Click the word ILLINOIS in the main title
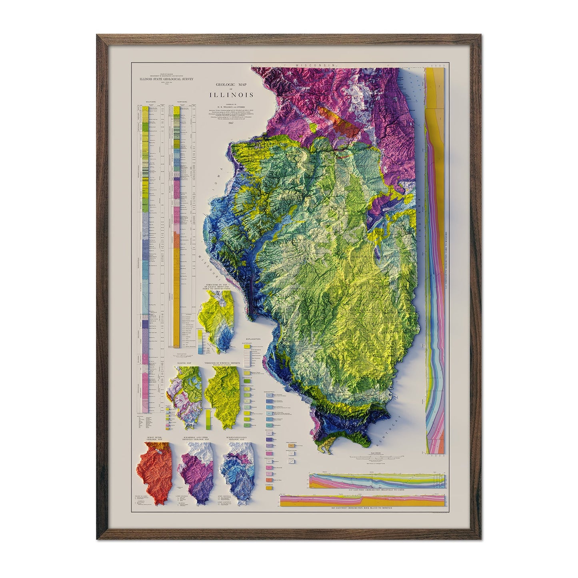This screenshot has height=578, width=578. click(230, 95)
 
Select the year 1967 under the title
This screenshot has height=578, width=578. click(230, 123)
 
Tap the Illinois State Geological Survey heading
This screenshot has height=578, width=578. click(166, 79)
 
